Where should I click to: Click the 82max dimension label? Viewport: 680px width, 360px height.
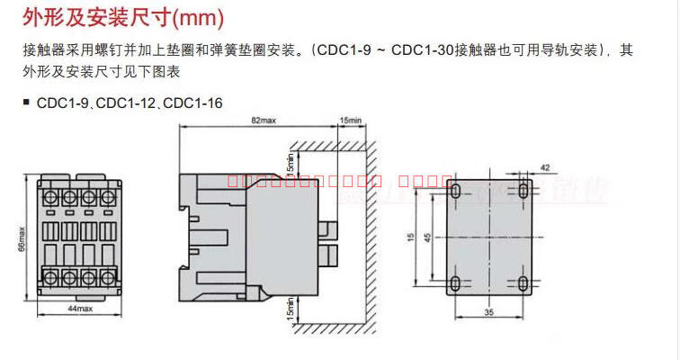pyautogui.click(x=263, y=121)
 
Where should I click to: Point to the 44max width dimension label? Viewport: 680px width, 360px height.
pyautogui.click(x=80, y=308)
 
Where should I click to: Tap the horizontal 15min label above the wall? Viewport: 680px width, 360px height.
pyautogui.click(x=351, y=121)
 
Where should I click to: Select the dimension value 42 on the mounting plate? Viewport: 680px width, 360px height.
pyautogui.click(x=544, y=167)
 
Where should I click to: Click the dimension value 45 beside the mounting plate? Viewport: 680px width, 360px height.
pyautogui.click(x=426, y=237)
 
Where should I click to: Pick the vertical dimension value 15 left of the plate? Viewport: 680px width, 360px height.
pyautogui.click(x=408, y=237)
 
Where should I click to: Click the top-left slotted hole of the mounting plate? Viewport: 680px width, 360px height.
pyautogui.click(x=456, y=191)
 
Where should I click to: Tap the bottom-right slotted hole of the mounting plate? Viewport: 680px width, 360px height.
pyautogui.click(x=524, y=284)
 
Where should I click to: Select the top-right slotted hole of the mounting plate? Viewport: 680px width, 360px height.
pyautogui.click(x=524, y=191)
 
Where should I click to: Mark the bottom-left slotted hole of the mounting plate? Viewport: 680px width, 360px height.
pyautogui.click(x=456, y=284)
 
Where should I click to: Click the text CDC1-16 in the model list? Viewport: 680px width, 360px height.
pyautogui.click(x=193, y=103)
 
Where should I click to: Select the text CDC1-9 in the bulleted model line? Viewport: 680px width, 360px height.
pyautogui.click(x=61, y=103)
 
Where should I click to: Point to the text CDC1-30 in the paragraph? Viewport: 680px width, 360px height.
pyautogui.click(x=422, y=50)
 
